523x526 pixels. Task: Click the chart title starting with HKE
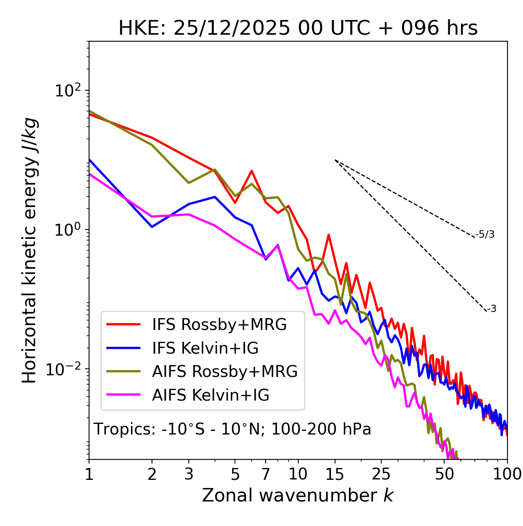coord(298,28)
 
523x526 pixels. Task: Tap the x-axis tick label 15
coord(335,474)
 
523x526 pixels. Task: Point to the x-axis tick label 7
coord(266,474)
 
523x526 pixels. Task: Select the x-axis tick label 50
coord(444,474)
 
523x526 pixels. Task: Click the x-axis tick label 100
coord(507,474)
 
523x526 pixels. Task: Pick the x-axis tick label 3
coord(188,474)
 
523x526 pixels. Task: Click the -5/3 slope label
coord(485,234)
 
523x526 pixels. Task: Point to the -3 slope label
coord(492,309)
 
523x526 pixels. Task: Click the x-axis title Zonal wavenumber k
coord(298,495)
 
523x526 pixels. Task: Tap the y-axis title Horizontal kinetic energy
coord(29,251)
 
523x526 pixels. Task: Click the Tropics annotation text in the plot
coord(232,429)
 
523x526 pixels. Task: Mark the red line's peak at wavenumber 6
coord(252,171)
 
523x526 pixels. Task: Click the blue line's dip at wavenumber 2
coord(152,227)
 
